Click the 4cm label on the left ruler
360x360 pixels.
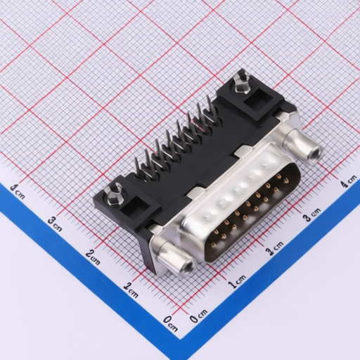tap(18, 191)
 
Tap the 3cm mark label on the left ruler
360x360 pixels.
tap(56, 224)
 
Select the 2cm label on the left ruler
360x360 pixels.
tap(93, 257)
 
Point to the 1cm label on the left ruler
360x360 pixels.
tap(131, 290)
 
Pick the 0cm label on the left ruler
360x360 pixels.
tap(171, 323)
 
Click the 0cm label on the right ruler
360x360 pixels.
tap(198, 316)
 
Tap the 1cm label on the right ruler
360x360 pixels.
tap(237, 282)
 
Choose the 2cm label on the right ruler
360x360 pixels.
tap(274, 248)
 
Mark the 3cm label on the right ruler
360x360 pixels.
tap(311, 214)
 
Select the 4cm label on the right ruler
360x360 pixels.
tap(349, 181)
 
